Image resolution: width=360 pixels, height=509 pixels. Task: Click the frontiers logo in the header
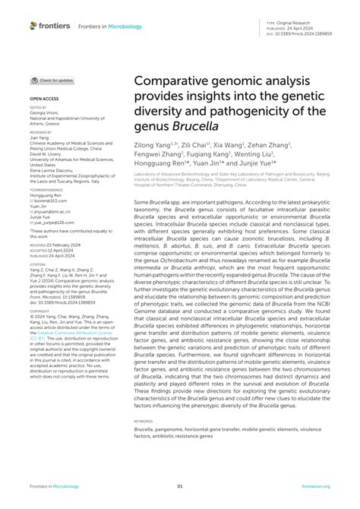tap(50, 26)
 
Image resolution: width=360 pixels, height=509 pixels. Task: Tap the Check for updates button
tap(52, 80)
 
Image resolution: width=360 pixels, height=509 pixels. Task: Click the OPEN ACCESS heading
tap(44, 99)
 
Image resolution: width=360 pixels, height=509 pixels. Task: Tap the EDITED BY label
tap(39, 108)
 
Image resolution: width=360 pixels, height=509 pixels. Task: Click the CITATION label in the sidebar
tap(39, 242)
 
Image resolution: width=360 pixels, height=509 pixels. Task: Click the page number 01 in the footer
tap(180, 487)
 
